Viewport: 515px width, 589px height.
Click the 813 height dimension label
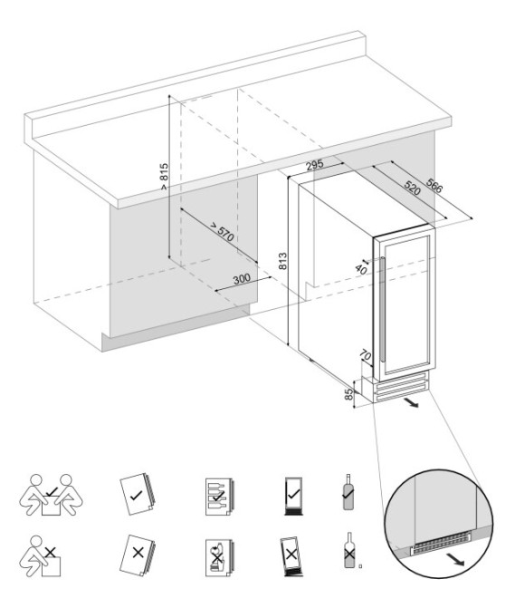(283, 262)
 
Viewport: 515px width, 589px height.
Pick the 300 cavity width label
(241, 279)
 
